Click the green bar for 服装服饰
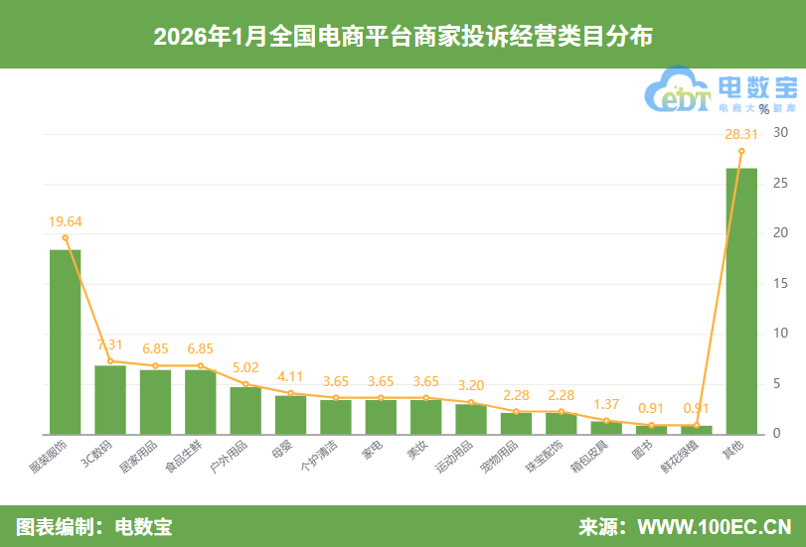(66, 342)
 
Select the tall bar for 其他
(741, 301)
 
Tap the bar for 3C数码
(110, 399)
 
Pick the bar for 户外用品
(245, 410)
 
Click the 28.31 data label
(741, 133)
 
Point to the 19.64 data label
(66, 221)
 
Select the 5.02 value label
(245, 366)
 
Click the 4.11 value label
(290, 375)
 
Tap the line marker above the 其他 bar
(741, 151)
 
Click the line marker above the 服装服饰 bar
(66, 237)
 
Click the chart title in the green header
(403, 37)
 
